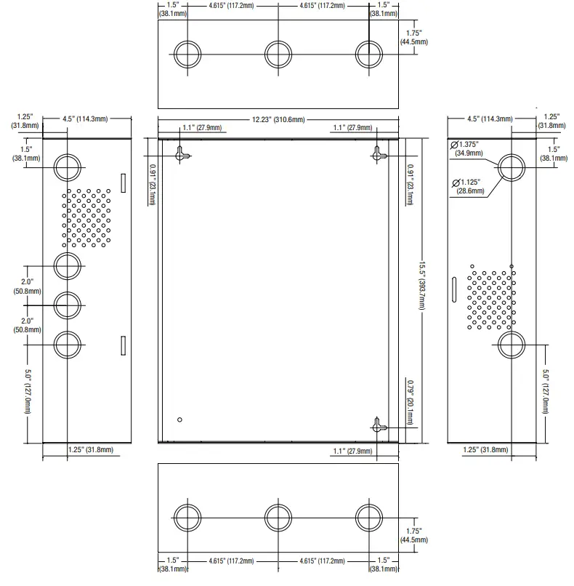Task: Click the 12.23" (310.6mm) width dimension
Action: [x=278, y=119]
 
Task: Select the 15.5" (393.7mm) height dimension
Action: [x=421, y=285]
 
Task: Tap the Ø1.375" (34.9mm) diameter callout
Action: [x=466, y=149]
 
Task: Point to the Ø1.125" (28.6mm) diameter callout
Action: [x=469, y=187]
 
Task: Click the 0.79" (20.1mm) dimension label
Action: [x=410, y=403]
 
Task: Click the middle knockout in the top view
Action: [x=278, y=55]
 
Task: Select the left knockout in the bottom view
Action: [x=187, y=518]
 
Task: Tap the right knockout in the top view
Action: [x=369, y=55]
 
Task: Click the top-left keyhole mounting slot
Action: [x=182, y=154]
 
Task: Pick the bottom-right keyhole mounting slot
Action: [x=379, y=425]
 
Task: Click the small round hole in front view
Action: [x=179, y=420]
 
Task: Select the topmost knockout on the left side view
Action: [x=68, y=167]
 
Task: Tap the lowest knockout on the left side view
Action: [x=68, y=345]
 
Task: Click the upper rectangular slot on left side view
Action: [x=124, y=183]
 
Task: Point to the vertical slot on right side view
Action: [x=454, y=289]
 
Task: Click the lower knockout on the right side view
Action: [x=512, y=345]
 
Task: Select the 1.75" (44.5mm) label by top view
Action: [x=413, y=37]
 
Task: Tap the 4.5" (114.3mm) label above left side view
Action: [x=85, y=119]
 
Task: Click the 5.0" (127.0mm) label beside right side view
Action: [x=545, y=391]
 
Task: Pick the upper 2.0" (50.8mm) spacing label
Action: [x=28, y=286]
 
